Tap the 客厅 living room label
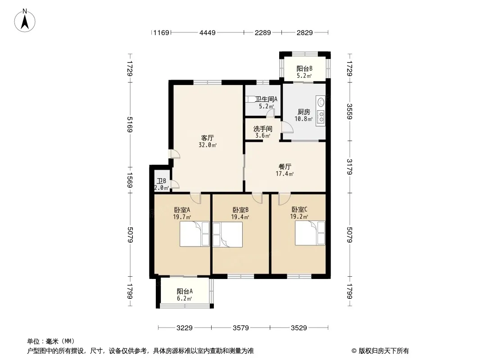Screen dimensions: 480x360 pyautogui.click(x=208, y=138)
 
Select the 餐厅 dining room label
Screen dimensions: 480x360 pyautogui.click(x=285, y=166)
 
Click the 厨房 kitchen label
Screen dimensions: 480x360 pyautogui.click(x=303, y=112)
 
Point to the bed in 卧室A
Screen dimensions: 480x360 pyautogui.click(x=195, y=234)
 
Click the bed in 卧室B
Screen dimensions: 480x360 pyautogui.click(x=227, y=234)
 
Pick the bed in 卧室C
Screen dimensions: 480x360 pyautogui.click(x=310, y=233)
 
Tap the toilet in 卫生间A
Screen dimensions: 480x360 pyautogui.click(x=251, y=99)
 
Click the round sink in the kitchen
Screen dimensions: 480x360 pyautogui.click(x=321, y=102)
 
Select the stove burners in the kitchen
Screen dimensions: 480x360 pyautogui.click(x=321, y=117)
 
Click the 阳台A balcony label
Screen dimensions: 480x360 pyautogui.click(x=185, y=292)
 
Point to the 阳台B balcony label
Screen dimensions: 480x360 pyautogui.click(x=304, y=68)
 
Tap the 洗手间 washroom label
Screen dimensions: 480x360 pyautogui.click(x=263, y=129)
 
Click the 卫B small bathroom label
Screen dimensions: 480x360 pyautogui.click(x=161, y=181)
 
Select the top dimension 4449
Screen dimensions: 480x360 pyautogui.click(x=208, y=32)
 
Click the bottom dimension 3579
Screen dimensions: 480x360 pyautogui.click(x=240, y=328)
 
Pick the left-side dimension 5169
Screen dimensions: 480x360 pyautogui.click(x=130, y=125)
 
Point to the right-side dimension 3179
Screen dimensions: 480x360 pyautogui.click(x=349, y=166)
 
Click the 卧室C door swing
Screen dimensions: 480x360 pyautogui.click(x=284, y=199)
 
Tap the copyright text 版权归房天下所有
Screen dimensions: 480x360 pyautogui.click(x=384, y=351)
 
